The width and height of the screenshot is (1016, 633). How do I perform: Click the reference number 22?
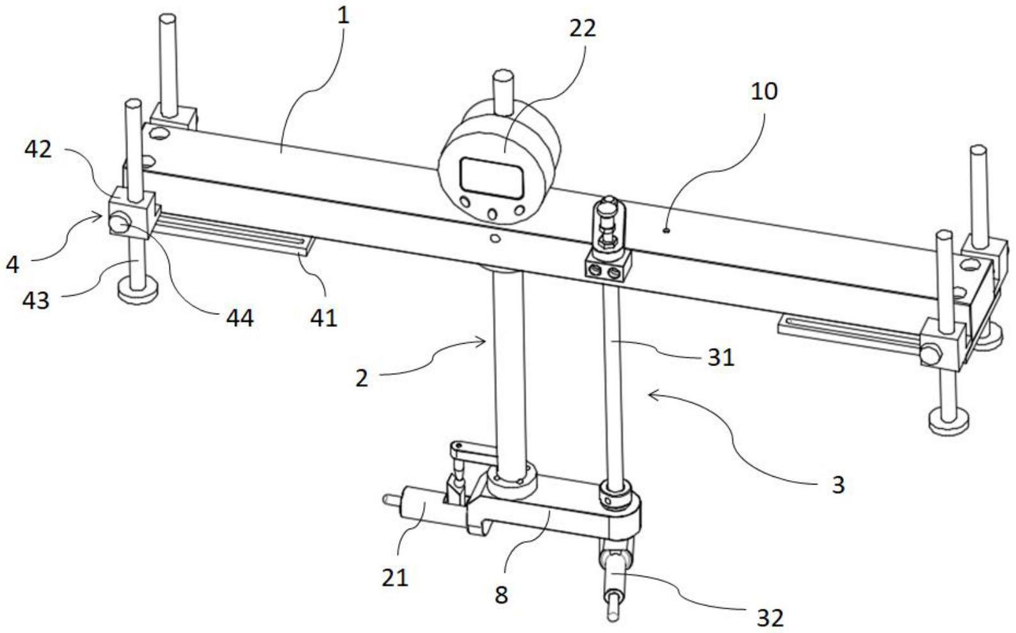click(x=582, y=28)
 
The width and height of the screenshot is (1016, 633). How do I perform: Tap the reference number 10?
click(x=764, y=91)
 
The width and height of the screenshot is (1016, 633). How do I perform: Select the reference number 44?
click(x=240, y=317)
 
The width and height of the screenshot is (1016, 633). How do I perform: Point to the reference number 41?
click(x=325, y=317)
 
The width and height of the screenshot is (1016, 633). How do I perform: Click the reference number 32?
click(x=770, y=618)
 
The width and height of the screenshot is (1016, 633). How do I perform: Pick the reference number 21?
click(x=395, y=577)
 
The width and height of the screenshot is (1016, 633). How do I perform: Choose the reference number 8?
click(x=501, y=594)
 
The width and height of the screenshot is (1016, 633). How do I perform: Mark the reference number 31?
click(x=721, y=357)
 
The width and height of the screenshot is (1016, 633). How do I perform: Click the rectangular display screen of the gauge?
click(x=490, y=177)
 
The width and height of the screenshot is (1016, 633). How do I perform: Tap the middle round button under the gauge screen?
click(x=492, y=214)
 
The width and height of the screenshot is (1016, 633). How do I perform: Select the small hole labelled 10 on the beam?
click(x=666, y=230)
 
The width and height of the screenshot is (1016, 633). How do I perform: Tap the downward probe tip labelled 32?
click(x=613, y=605)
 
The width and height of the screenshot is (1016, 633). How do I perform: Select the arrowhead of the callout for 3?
click(x=650, y=395)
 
